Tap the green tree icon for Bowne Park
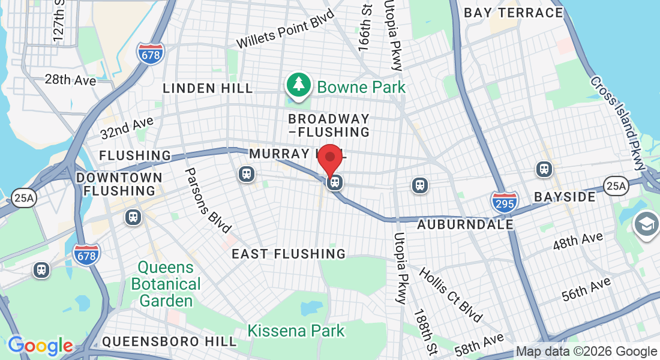[298, 85]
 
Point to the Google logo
[40, 346]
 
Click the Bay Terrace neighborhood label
[514, 13]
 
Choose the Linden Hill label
[208, 89]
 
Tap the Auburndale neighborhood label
[466, 225]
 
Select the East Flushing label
[289, 254]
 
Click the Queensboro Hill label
[169, 341]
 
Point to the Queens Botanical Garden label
[166, 284]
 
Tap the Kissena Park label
[296, 330]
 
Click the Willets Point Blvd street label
[284, 33]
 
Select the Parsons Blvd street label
[208, 200]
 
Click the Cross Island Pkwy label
[617, 122]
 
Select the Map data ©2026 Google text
[586, 352]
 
